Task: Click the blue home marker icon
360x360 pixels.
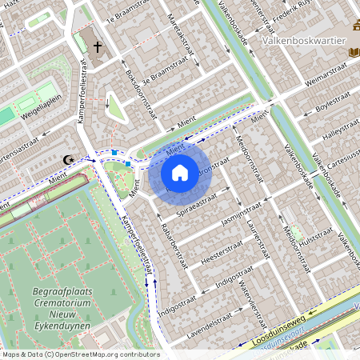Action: (x=180, y=172)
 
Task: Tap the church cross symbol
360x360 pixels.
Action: (x=98, y=47)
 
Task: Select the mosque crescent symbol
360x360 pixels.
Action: (x=70, y=159)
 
